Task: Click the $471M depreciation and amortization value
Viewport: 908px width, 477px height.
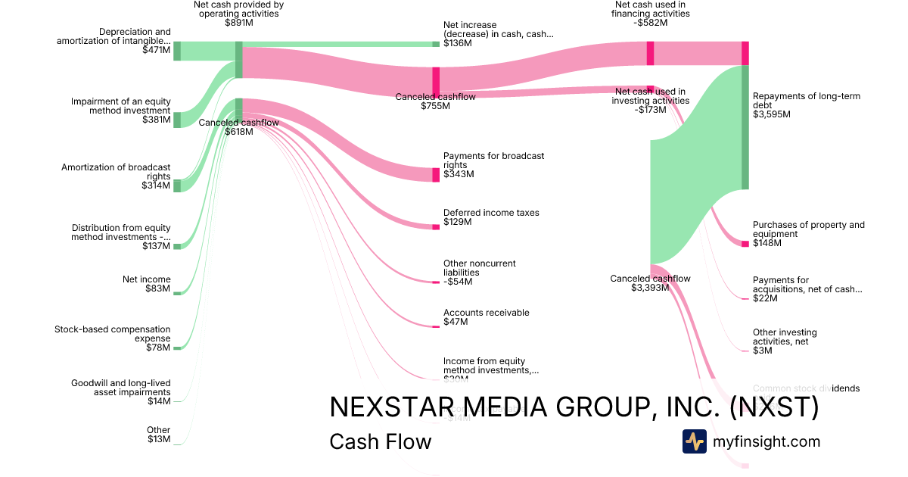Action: click(156, 51)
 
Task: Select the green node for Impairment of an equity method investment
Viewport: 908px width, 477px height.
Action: click(177, 120)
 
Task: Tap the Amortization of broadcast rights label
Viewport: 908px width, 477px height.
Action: click(116, 172)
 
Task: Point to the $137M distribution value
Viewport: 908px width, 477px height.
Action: click(156, 246)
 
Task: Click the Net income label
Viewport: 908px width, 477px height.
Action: click(147, 279)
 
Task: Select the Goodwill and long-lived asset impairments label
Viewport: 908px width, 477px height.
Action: click(120, 388)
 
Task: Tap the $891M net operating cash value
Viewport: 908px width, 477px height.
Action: click(238, 23)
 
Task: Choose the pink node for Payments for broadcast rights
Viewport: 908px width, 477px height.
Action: click(436, 175)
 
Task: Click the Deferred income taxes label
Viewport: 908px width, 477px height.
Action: click(491, 213)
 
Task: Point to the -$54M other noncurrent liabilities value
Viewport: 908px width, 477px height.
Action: click(458, 282)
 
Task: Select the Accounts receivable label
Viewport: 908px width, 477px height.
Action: click(486, 313)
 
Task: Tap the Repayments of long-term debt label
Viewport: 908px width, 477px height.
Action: click(806, 101)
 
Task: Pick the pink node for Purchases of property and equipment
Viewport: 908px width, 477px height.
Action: click(745, 244)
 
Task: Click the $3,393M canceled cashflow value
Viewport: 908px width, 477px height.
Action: click(650, 288)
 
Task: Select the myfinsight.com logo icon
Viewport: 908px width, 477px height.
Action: click(695, 441)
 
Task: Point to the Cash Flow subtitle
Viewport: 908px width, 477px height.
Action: click(380, 441)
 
